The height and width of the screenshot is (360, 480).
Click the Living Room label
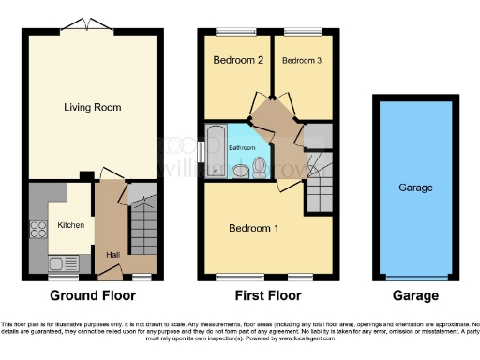pos(92,107)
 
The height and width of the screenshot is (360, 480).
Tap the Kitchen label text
pos(71,226)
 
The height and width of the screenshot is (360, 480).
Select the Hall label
pos(112,254)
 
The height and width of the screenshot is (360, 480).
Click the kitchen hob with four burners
pos(41,230)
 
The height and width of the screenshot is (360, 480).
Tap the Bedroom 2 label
pos(239,61)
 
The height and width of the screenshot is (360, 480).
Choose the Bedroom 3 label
pos(301,61)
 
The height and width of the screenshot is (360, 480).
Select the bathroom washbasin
pos(239,172)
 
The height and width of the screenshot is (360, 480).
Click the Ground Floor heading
pos(92,295)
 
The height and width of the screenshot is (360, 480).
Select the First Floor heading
pos(268,295)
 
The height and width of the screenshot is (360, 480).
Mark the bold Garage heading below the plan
pos(415,295)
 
